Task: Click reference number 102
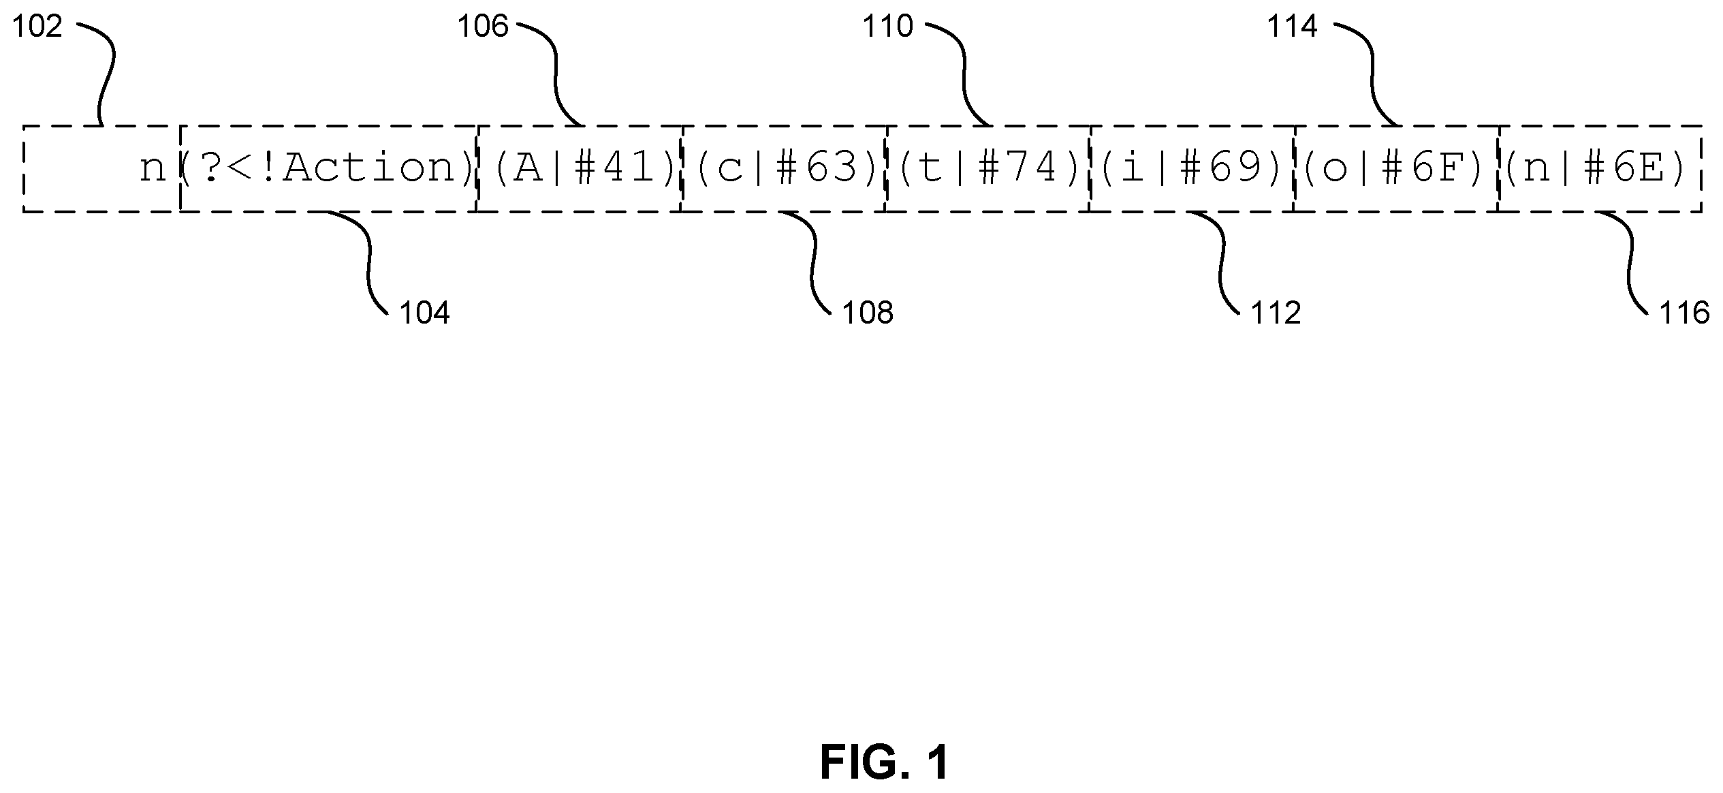pos(37,27)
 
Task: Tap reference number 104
pos(424,313)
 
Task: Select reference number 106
pos(483,27)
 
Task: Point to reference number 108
pos(868,313)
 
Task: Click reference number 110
pos(888,27)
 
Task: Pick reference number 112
pos(1276,313)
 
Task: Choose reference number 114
pos(1293,27)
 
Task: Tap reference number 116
pos(1684,313)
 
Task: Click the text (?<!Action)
pos(328,168)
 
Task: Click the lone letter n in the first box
pos(153,170)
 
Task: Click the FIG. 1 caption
pos(885,762)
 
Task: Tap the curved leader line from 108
pos(812,262)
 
